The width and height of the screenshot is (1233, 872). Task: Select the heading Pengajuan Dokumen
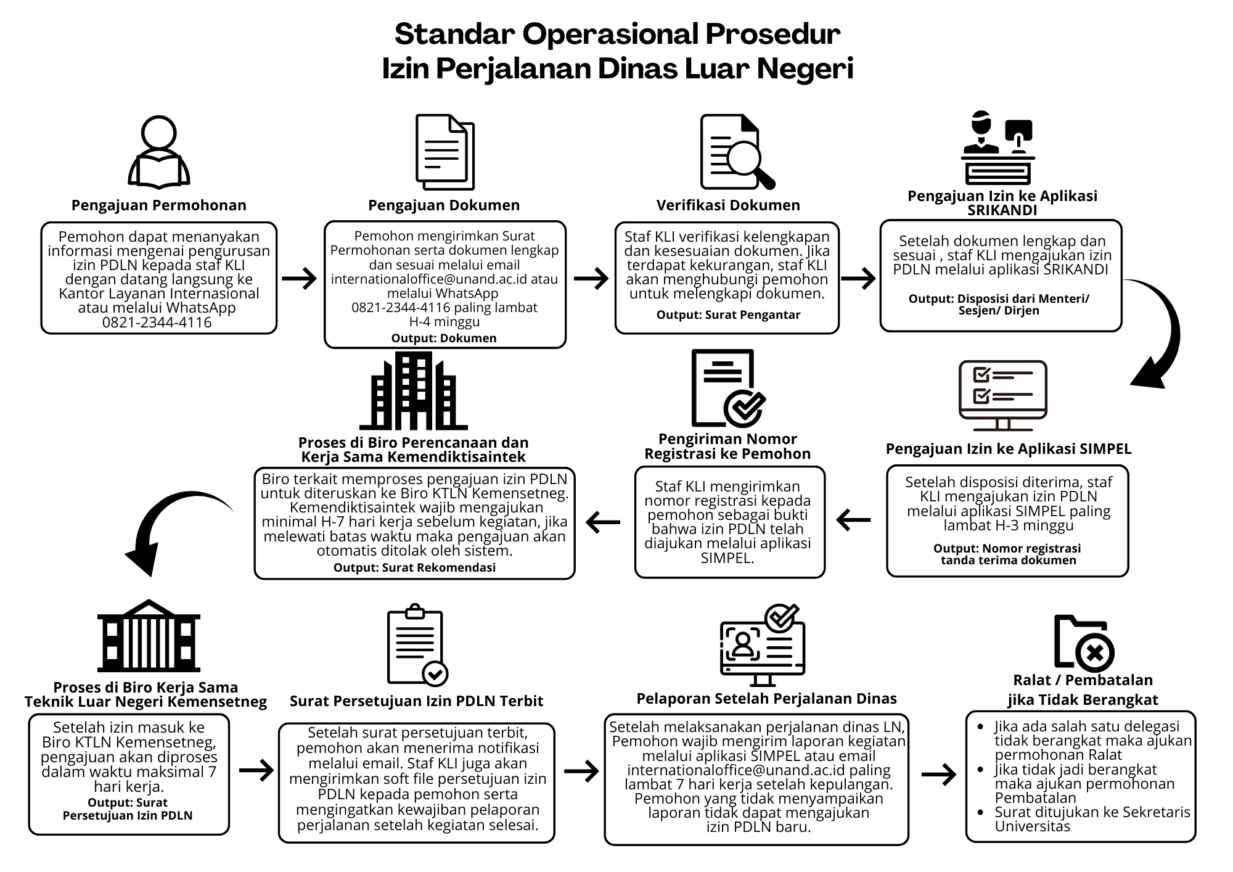pyautogui.click(x=444, y=205)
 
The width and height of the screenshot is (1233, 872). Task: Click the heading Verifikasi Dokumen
pyautogui.click(x=728, y=205)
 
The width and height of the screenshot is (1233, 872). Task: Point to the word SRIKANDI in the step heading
pyautogui.click(x=1002, y=210)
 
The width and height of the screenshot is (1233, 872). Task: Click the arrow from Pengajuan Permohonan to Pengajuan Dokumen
pyautogui.click(x=300, y=279)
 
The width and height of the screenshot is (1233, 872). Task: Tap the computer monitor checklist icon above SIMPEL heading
pyautogui.click(x=1003, y=395)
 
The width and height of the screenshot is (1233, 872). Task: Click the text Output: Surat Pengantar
pyautogui.click(x=728, y=315)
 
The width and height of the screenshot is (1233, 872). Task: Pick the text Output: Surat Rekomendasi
pyautogui.click(x=414, y=568)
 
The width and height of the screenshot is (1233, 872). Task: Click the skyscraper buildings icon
pyautogui.click(x=414, y=391)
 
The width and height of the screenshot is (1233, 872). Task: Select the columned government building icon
pyautogui.click(x=149, y=635)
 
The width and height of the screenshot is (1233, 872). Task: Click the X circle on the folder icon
pyautogui.click(x=1094, y=652)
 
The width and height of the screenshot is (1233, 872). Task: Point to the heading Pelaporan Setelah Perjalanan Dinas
pyautogui.click(x=766, y=699)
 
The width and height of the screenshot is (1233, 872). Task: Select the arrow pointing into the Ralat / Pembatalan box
pyautogui.click(x=939, y=775)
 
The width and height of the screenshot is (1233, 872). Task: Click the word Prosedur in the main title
pyautogui.click(x=772, y=35)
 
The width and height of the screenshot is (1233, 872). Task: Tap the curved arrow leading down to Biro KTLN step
pyautogui.click(x=166, y=524)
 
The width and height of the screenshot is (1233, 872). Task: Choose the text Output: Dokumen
pyautogui.click(x=444, y=339)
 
